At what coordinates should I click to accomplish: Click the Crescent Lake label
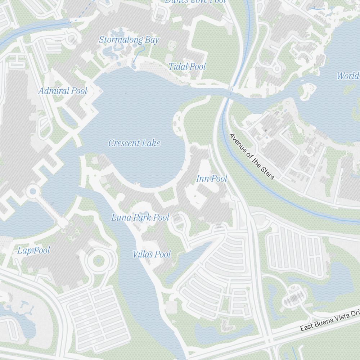pyautogui.click(x=134, y=143)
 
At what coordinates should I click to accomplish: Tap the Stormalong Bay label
pyautogui.click(x=129, y=40)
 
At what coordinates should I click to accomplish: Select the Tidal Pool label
pyautogui.click(x=187, y=67)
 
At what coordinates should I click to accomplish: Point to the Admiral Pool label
pyautogui.click(x=63, y=91)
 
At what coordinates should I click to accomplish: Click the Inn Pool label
pyautogui.click(x=212, y=179)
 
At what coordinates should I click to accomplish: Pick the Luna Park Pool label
pyautogui.click(x=140, y=217)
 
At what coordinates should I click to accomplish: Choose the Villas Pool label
pyautogui.click(x=152, y=255)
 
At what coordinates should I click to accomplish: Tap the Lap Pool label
pyautogui.click(x=33, y=251)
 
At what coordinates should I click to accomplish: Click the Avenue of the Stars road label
pyautogui.click(x=252, y=156)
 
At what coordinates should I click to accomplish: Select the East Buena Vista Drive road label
pyautogui.click(x=329, y=320)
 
